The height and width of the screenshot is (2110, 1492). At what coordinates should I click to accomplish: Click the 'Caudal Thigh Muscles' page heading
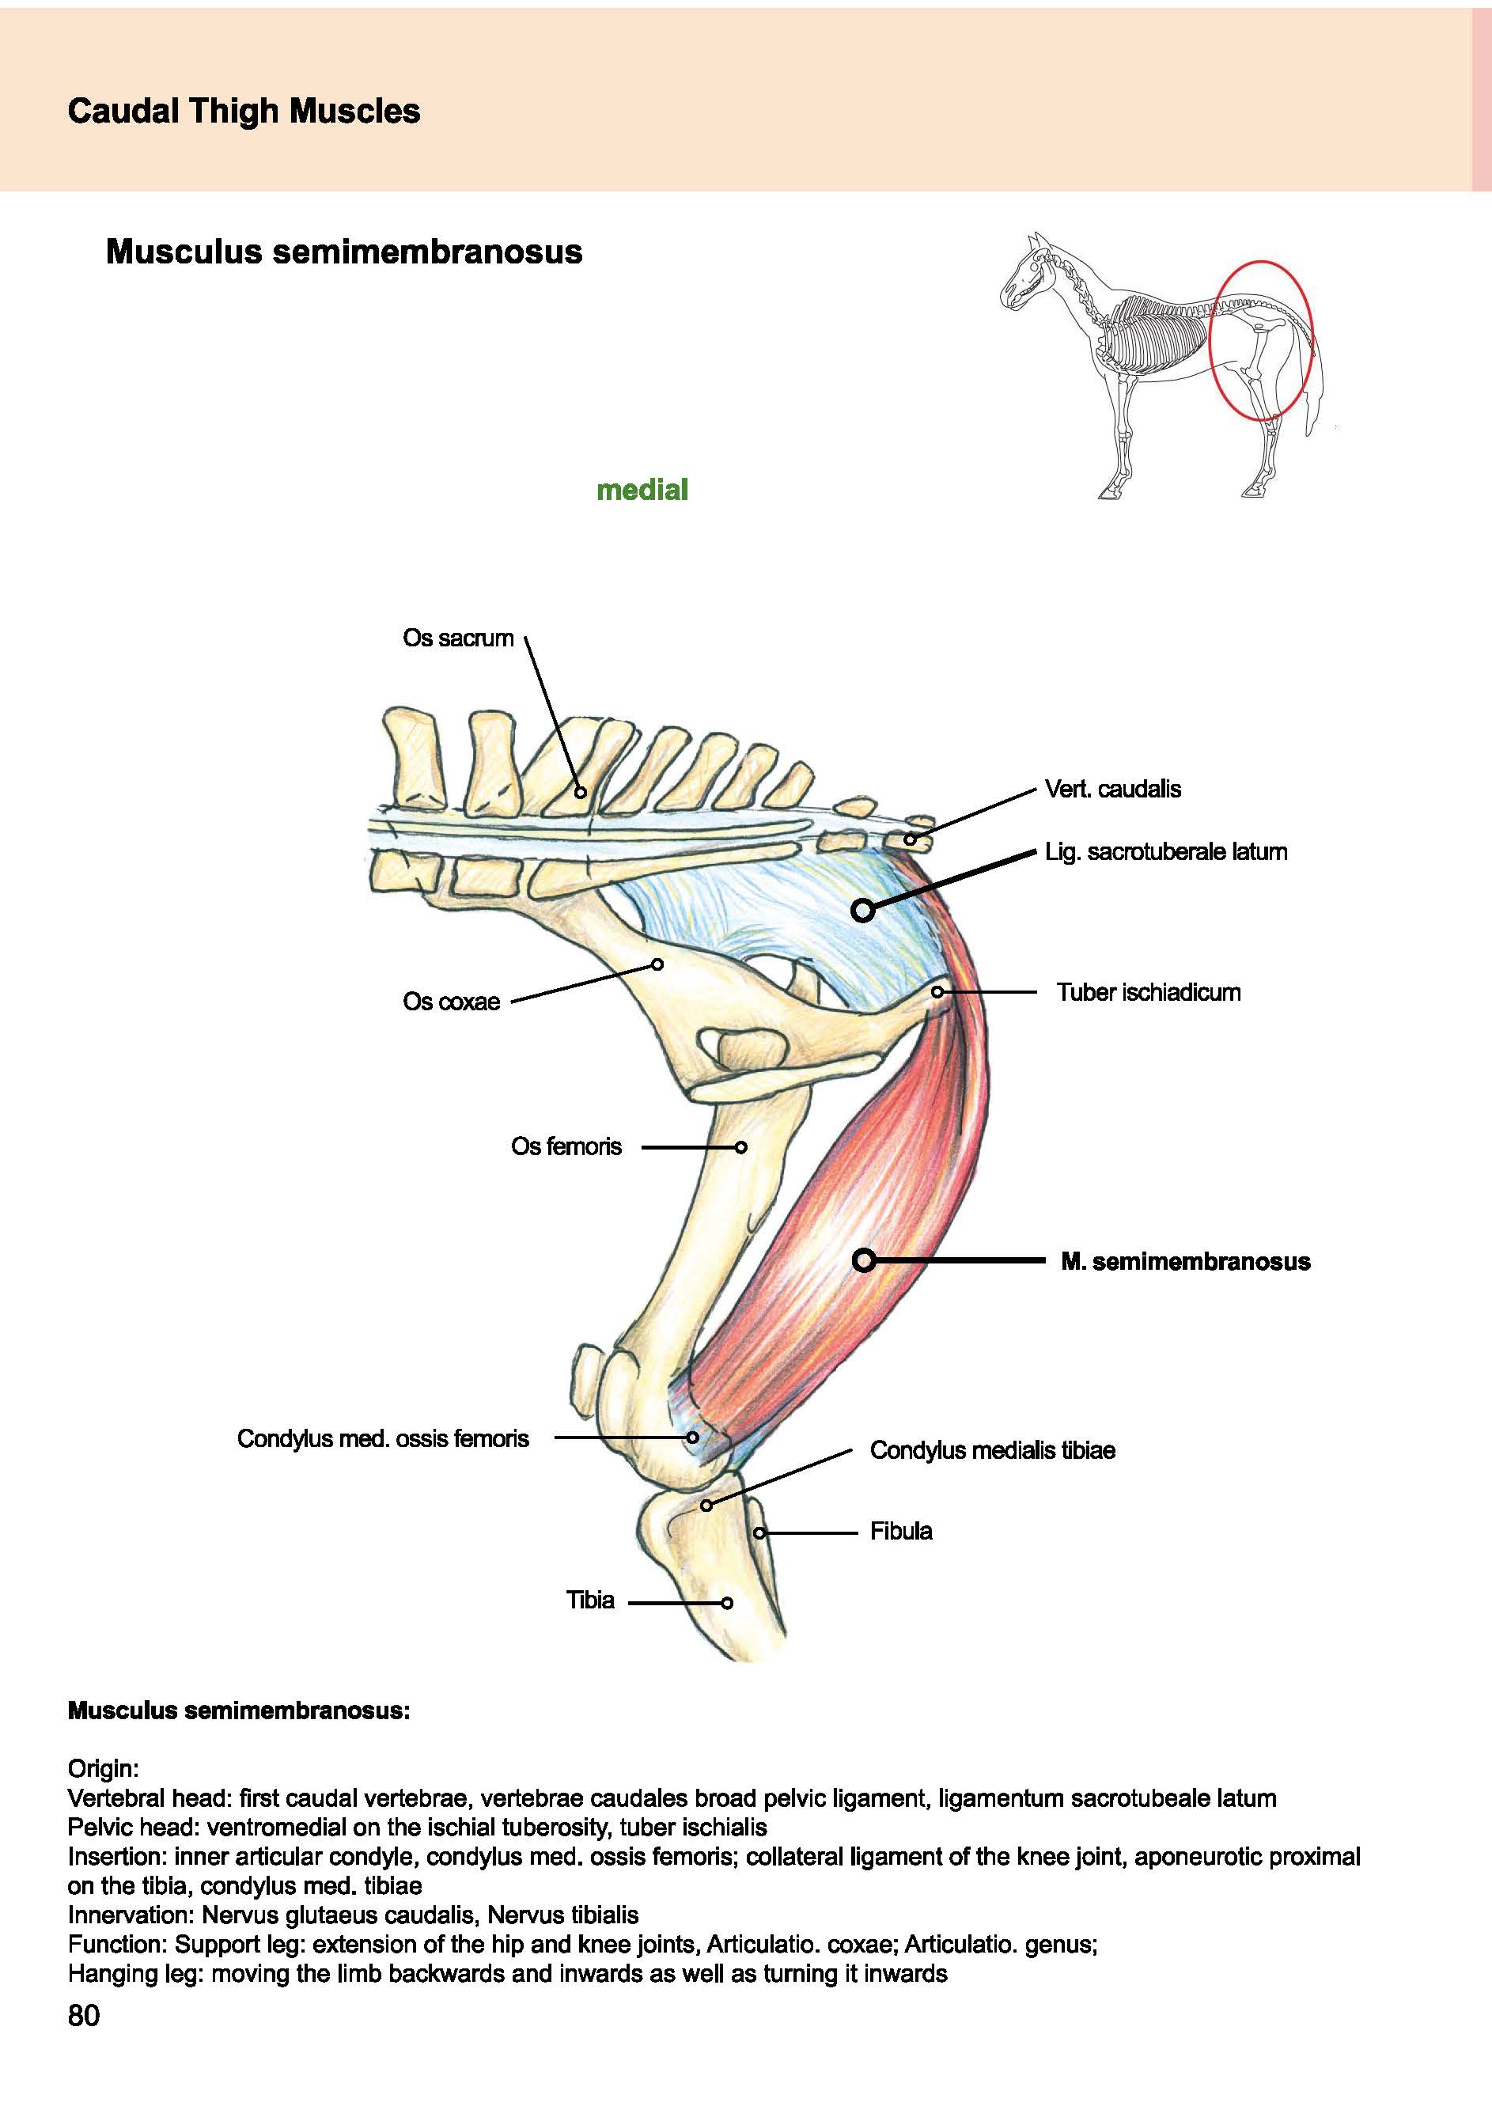pyautogui.click(x=244, y=112)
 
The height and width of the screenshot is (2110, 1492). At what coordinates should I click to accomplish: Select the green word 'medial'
pyautogui.click(x=642, y=489)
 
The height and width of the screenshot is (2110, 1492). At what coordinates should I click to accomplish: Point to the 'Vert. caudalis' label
pyautogui.click(x=1112, y=789)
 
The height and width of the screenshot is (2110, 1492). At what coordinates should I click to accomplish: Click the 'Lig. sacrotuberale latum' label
pyautogui.click(x=1166, y=851)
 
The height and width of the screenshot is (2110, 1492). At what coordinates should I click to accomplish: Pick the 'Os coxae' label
pyautogui.click(x=451, y=1001)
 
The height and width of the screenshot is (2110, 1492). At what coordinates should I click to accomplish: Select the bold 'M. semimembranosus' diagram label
pyautogui.click(x=1185, y=1261)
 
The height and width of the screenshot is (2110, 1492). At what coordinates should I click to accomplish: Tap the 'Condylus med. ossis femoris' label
pyautogui.click(x=382, y=1438)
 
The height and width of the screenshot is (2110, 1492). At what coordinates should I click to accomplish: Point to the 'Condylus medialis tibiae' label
pyautogui.click(x=992, y=1450)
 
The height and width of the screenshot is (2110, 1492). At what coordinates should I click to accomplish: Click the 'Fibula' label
pyautogui.click(x=900, y=1531)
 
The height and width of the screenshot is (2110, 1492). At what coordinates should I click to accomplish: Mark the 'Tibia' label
pyautogui.click(x=590, y=1600)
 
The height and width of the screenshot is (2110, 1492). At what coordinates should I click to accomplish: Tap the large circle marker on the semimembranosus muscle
pyautogui.click(x=864, y=1260)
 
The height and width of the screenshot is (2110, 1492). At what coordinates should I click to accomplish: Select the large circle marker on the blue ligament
pyautogui.click(x=861, y=910)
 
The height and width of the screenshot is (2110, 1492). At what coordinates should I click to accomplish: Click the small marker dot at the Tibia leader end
pyautogui.click(x=727, y=1603)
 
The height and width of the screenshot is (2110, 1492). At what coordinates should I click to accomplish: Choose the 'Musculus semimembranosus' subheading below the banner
pyautogui.click(x=343, y=251)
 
